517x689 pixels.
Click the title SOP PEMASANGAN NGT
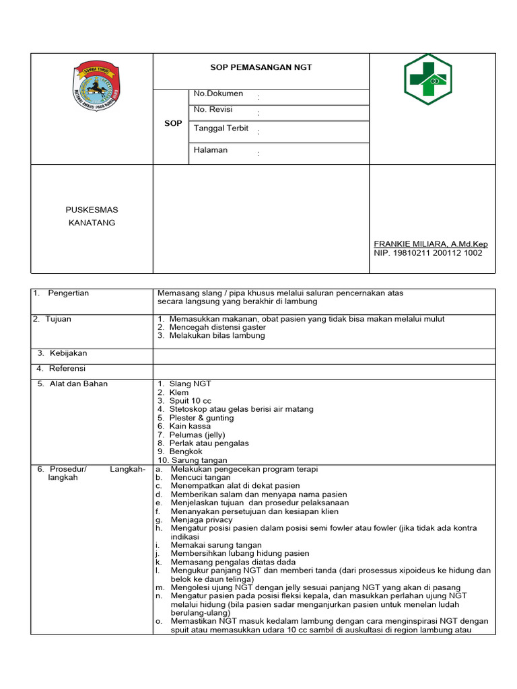pos(261,67)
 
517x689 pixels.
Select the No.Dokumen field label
pos(218,94)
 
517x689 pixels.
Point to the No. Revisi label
pos(213,110)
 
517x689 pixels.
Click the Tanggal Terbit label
pos(221,128)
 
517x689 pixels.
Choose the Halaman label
pos(210,150)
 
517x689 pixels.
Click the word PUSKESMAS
pos(92,210)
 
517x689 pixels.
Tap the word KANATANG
pos(92,223)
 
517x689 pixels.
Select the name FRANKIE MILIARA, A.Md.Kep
pos(431,244)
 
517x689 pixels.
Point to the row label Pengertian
pos(69,293)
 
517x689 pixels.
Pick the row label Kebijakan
pos(68,353)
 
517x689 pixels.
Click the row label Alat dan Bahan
pos(78,384)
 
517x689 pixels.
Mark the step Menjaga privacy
pos(201,519)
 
